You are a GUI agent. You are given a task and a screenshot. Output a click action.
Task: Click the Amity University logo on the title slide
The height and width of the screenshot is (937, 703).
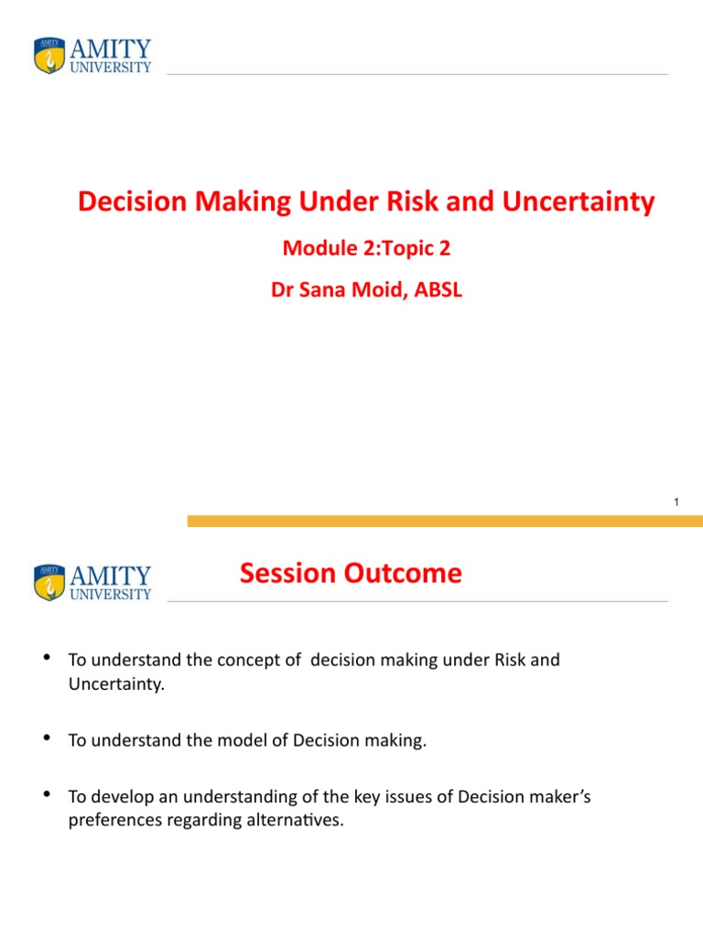92,55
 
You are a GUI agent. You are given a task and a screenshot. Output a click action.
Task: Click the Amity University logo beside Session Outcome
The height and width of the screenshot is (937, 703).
92,582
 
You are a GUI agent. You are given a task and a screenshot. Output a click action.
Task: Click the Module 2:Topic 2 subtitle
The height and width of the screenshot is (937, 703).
366,247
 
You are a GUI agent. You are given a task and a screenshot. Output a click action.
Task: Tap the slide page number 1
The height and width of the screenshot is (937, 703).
676,502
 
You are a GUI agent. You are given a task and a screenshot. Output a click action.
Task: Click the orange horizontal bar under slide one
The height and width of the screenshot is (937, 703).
445,521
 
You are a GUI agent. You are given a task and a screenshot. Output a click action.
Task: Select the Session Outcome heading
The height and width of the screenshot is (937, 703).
351,574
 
